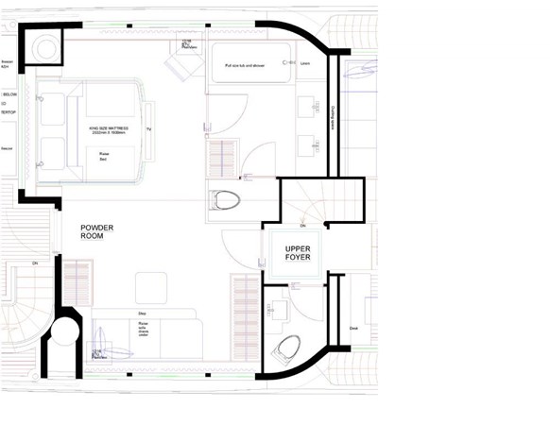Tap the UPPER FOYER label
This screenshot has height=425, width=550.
click(x=291, y=252)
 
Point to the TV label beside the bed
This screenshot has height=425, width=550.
click(x=148, y=128)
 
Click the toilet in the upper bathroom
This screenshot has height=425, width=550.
click(x=226, y=199)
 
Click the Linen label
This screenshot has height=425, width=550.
click(x=305, y=65)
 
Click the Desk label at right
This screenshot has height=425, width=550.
click(x=352, y=330)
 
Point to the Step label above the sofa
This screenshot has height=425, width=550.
click(x=142, y=313)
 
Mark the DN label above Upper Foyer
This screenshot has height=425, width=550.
click(x=301, y=226)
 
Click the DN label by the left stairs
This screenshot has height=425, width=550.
click(x=34, y=262)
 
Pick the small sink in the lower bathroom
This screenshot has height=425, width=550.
click(x=276, y=309)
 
